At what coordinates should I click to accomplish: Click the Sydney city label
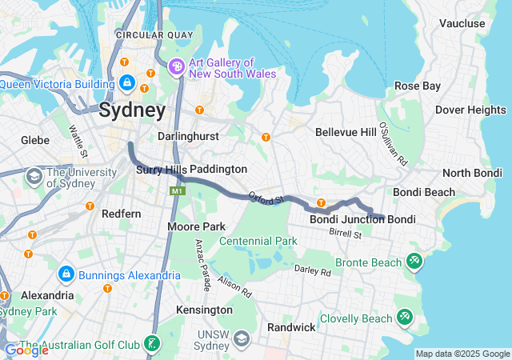(x=133, y=110)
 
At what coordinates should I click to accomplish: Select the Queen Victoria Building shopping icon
(x=127, y=82)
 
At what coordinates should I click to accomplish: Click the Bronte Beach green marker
(x=414, y=262)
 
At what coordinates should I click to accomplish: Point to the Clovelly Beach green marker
(x=405, y=318)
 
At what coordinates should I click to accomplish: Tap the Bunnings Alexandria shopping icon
(x=66, y=275)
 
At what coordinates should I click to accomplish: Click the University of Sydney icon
(x=34, y=176)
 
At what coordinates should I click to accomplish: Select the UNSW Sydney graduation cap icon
(x=240, y=340)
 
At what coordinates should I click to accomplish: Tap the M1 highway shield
(x=176, y=191)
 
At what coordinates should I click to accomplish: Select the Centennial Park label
(x=258, y=241)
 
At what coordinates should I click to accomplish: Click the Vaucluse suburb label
(x=462, y=24)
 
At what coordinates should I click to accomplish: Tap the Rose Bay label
(x=418, y=86)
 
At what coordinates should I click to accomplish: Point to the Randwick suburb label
(x=290, y=327)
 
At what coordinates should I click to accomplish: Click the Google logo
(x=26, y=350)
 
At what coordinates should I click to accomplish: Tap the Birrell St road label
(x=346, y=234)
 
